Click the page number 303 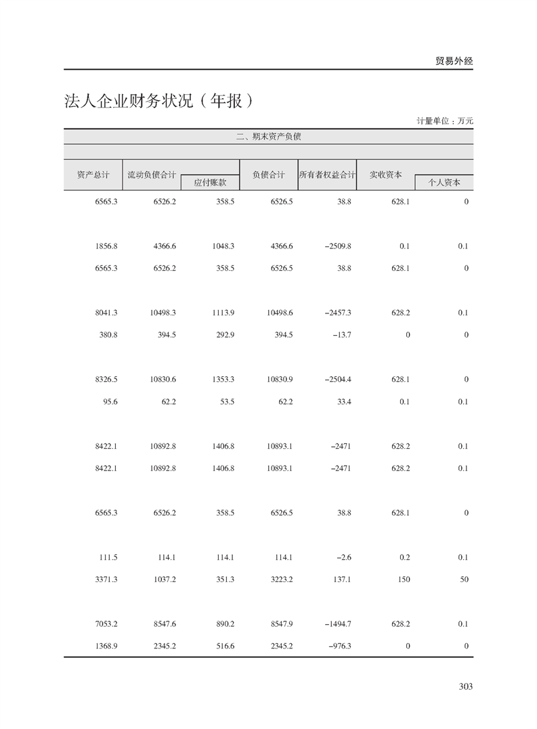point(465,686)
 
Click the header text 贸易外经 point(454,61)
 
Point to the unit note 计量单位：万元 point(445,120)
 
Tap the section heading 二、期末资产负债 point(268,136)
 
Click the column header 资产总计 point(93,175)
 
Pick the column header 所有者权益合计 point(327,175)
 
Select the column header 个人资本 point(444,182)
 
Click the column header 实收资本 point(385,175)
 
